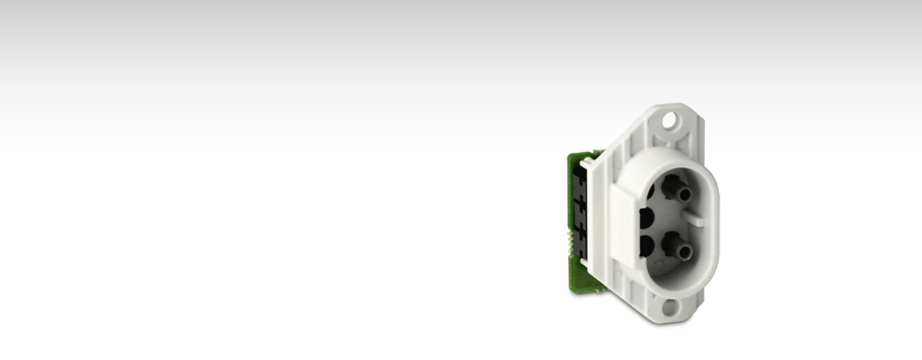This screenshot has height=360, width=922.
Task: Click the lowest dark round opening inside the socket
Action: coord(647,245)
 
